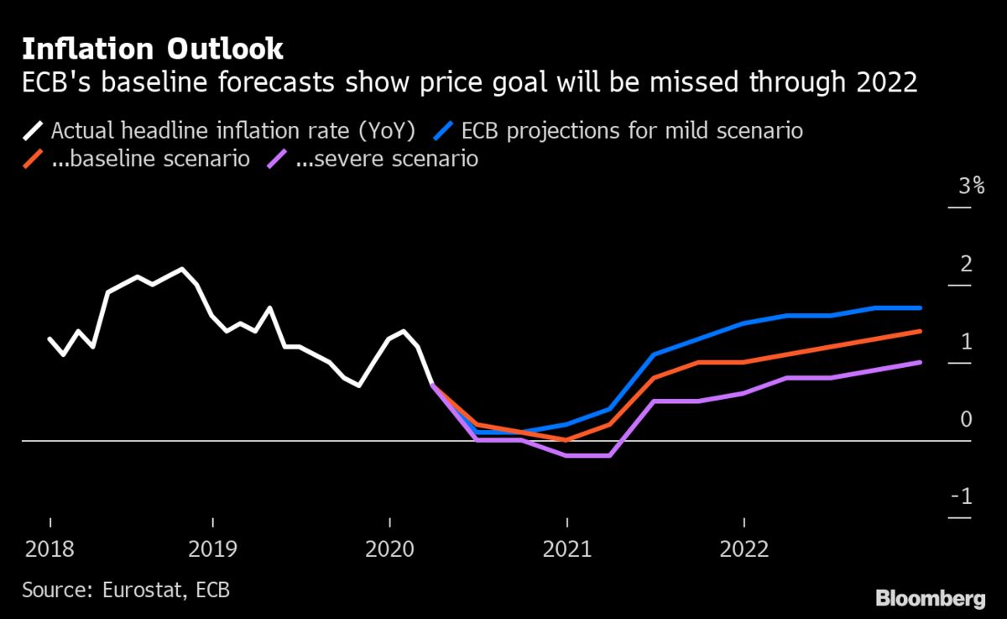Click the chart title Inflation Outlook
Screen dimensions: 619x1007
[153, 50]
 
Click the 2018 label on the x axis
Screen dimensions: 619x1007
[50, 549]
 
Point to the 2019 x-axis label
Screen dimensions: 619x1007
[213, 549]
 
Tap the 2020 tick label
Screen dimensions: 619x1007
[389, 549]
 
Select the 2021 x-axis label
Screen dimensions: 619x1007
[567, 549]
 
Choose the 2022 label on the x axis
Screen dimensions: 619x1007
[744, 549]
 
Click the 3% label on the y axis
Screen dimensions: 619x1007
[971, 186]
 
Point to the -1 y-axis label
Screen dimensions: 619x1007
[963, 497]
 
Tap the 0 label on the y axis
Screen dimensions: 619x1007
[966, 419]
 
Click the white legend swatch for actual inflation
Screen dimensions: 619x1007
[34, 131]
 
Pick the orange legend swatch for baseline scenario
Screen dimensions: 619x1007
[34, 159]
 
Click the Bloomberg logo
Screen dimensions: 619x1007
[930, 598]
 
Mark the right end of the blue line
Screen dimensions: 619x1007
[921, 308]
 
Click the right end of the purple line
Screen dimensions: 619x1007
[921, 363]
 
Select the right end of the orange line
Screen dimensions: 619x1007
[921, 332]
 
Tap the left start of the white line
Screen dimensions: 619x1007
[50, 338]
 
